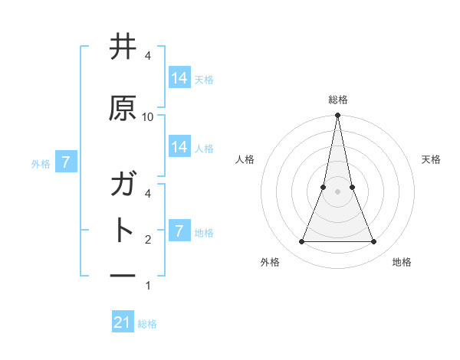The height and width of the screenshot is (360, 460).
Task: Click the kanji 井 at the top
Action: [123, 47]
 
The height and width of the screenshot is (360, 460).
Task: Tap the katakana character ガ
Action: [123, 185]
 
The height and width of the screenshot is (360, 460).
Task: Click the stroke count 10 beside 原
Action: [148, 116]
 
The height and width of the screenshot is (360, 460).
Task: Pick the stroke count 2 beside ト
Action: [148, 240]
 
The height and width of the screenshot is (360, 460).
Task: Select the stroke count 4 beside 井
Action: [148, 56]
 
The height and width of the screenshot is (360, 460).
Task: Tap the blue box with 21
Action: [122, 322]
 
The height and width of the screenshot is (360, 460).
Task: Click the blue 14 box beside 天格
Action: [179, 78]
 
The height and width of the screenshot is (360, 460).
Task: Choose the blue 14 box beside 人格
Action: [179, 147]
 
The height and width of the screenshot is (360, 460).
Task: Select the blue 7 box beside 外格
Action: [66, 162]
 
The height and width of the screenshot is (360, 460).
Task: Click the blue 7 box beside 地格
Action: [179, 231]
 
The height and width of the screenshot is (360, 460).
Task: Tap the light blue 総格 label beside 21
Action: [147, 324]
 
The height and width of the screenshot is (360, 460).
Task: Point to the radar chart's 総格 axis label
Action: [337, 100]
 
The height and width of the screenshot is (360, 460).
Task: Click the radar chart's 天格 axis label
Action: [431, 159]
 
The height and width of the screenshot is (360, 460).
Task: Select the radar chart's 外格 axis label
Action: [270, 262]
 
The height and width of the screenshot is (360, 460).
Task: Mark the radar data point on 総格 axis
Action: [337, 116]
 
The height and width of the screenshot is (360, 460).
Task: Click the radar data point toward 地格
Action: [374, 242]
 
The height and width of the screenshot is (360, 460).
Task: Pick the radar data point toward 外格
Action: [301, 242]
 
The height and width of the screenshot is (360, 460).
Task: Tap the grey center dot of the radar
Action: [337, 191]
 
